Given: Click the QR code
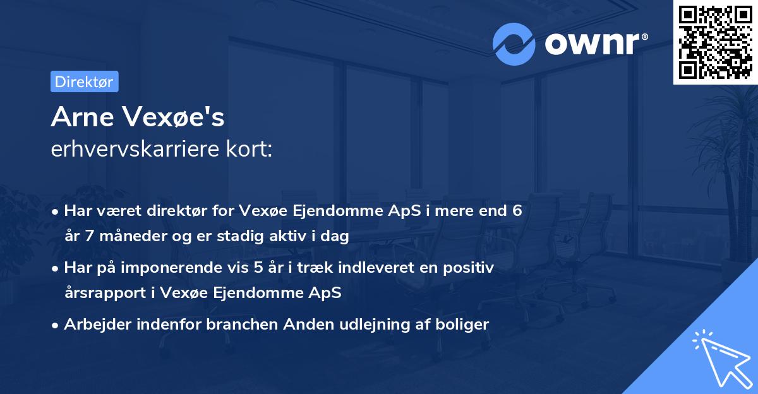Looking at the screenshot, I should click(x=714, y=43).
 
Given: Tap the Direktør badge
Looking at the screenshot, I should click(x=84, y=81).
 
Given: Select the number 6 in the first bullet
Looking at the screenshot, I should click(x=517, y=211).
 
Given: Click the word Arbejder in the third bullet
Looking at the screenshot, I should click(x=97, y=325).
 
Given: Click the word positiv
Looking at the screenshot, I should click(x=471, y=268).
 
